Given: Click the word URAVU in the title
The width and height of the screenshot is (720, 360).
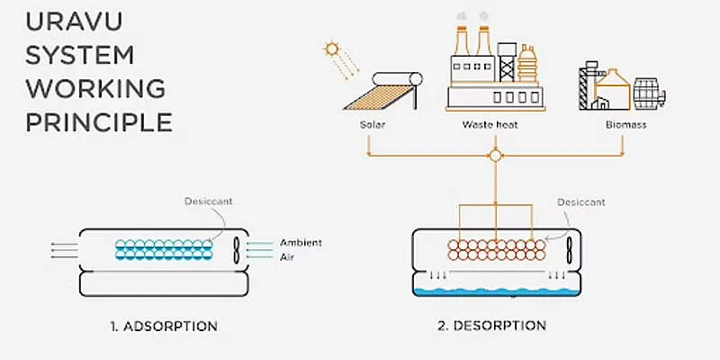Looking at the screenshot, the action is [74, 22].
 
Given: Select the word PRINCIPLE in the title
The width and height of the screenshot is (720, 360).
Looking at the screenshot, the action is [99, 122].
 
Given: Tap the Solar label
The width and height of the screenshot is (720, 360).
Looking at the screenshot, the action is [373, 125].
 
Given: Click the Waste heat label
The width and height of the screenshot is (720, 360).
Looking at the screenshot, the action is [490, 125].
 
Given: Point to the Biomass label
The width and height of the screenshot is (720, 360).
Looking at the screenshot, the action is [625, 125].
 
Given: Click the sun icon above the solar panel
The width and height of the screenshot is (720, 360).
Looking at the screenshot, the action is [330, 49].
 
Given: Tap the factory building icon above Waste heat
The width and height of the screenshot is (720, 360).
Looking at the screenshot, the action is [496, 69].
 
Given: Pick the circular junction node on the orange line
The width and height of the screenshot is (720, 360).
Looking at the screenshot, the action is [496, 156].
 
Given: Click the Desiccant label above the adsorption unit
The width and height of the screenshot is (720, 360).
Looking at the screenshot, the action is [209, 201].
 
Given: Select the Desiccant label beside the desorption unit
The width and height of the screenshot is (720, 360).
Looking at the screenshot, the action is [581, 202].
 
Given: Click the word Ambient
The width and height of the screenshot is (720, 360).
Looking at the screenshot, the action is [301, 243].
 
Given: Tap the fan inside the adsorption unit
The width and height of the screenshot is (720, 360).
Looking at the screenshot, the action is [237, 250].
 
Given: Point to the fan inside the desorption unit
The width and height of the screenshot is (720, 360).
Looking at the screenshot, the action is [570, 250].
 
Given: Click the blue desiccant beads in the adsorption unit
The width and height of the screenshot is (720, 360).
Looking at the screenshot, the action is [164, 249].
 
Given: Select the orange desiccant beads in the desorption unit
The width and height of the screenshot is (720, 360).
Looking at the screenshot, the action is [497, 250].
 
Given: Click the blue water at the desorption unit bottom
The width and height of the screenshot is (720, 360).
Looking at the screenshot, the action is [497, 292].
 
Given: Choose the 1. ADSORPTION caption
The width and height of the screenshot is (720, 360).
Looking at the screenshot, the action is [164, 327].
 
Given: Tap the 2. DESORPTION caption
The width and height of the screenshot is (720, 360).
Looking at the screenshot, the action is [491, 326].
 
